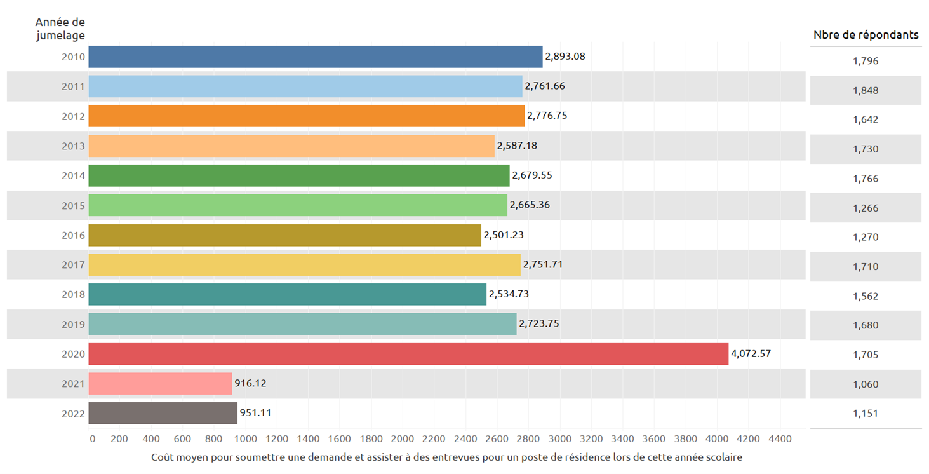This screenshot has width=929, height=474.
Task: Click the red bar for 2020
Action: click(x=408, y=354)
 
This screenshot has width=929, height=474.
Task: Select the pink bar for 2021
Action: click(x=160, y=384)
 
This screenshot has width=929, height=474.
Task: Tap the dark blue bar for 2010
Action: click(x=315, y=57)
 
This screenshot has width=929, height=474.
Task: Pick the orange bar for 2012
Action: click(x=306, y=116)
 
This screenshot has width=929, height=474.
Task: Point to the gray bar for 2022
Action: click(x=163, y=413)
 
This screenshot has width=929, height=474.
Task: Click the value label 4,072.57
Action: click(x=751, y=354)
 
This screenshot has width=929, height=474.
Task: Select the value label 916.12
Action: click(x=253, y=383)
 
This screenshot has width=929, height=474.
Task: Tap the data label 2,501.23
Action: click(x=504, y=235)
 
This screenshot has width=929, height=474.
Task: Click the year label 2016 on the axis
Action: click(x=73, y=236)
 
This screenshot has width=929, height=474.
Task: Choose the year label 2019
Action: click(x=73, y=325)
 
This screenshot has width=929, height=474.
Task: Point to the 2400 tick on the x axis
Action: click(x=466, y=439)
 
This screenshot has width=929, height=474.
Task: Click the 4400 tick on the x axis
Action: click(x=780, y=439)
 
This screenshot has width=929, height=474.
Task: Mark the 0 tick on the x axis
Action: click(x=93, y=439)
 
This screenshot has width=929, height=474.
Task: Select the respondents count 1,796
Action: click(x=866, y=62)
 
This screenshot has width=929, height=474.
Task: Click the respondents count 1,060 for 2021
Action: click(x=866, y=384)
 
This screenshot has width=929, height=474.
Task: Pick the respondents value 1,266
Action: click(x=866, y=208)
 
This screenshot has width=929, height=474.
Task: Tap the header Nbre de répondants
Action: click(x=866, y=35)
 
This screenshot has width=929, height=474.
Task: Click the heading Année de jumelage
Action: click(x=60, y=29)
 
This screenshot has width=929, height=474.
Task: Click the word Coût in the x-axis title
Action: click(x=163, y=457)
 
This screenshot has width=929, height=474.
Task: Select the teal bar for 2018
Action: click(x=287, y=295)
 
